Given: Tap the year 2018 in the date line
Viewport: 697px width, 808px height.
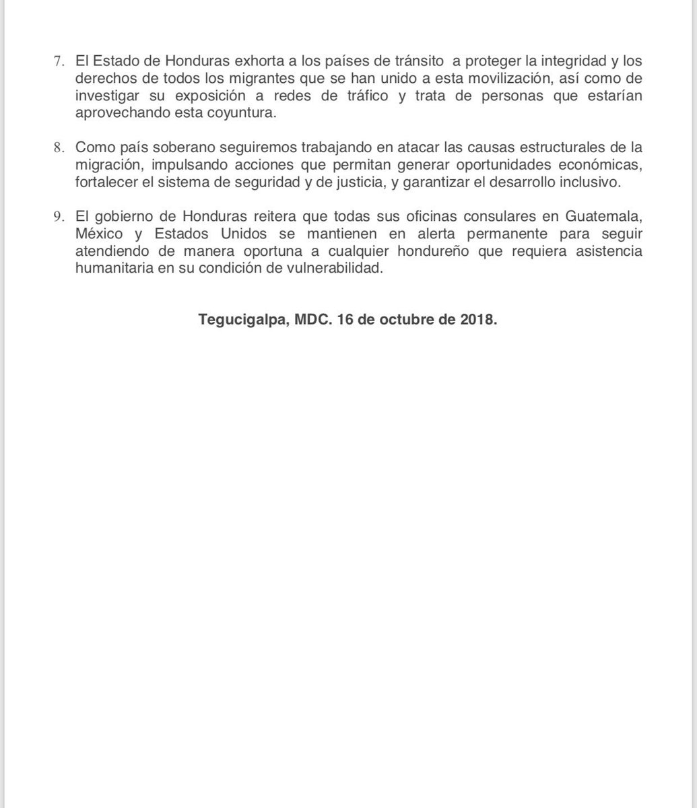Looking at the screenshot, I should (x=479, y=321).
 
